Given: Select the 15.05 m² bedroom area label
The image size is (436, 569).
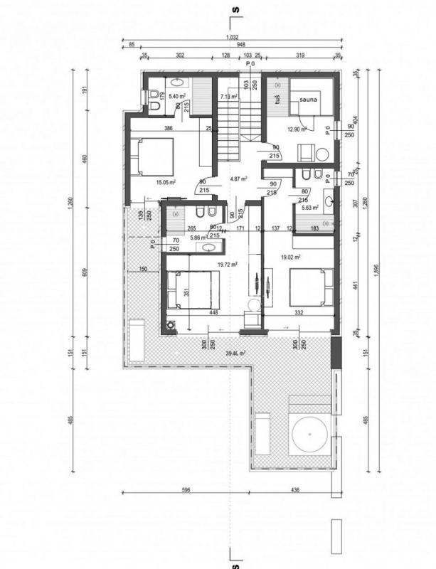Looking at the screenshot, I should pyautogui.click(x=166, y=182).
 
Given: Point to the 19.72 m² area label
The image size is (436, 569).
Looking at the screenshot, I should pyautogui.click(x=228, y=264).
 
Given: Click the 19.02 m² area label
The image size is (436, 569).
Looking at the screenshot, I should pyautogui.click(x=291, y=257).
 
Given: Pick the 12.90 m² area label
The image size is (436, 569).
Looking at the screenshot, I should pyautogui.click(x=296, y=129).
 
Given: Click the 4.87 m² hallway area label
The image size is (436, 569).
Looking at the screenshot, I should pyautogui.click(x=235, y=179).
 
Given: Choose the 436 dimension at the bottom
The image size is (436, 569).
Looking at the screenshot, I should pyautogui.click(x=295, y=489).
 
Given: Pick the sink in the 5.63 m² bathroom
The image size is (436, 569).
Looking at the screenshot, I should pyautogui.click(x=328, y=203).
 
